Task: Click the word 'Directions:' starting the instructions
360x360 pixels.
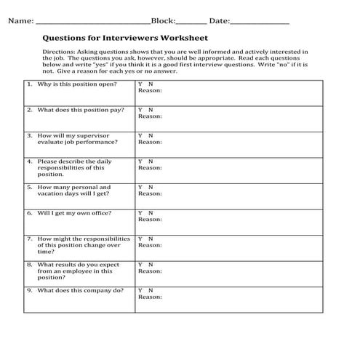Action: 61,52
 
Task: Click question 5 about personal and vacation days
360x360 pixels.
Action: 73,191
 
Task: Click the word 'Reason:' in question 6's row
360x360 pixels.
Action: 150,220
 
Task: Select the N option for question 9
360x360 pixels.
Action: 150,290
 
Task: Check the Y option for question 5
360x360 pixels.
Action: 140,187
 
